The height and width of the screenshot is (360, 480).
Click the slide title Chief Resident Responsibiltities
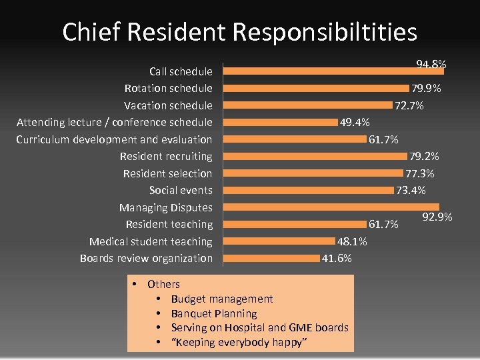[x=239, y=32]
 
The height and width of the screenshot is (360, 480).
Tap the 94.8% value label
[x=431, y=64]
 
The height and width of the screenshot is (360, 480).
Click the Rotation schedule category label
[x=168, y=88]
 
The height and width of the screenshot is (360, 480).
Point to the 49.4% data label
[x=355, y=122]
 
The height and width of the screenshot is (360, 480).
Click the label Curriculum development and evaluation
[x=114, y=139]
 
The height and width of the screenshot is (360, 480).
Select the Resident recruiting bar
[x=315, y=156]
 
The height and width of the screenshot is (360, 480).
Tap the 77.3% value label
[x=420, y=173]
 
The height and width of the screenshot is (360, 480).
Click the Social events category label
[x=181, y=191]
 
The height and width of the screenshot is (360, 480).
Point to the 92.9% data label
[x=437, y=217]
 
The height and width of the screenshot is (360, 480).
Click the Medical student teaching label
[x=151, y=241]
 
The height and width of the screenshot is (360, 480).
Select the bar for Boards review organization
[x=271, y=258]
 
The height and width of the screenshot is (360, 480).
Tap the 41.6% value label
[x=337, y=258]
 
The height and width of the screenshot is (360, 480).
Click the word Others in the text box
[x=163, y=284]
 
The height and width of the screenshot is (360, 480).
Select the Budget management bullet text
[x=221, y=299]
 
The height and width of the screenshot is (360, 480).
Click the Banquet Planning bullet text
[x=213, y=313]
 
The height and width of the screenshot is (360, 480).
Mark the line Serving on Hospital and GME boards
[x=259, y=327]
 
